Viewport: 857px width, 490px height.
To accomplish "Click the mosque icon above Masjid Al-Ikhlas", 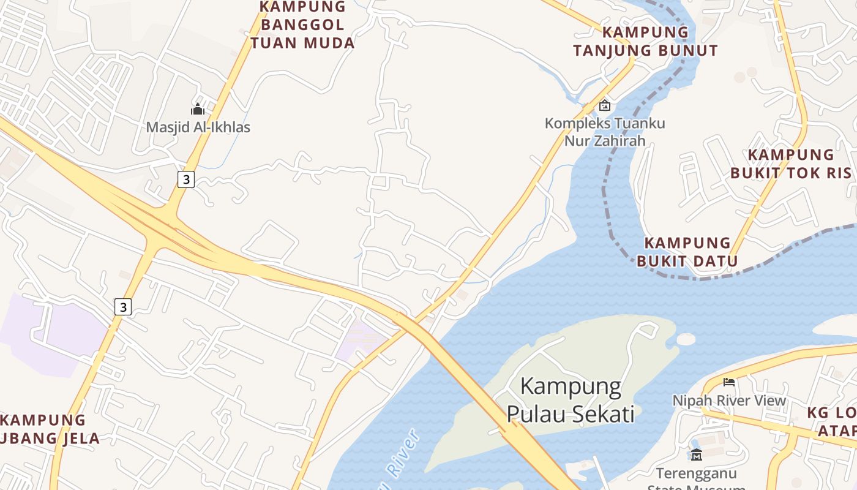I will click(x=198, y=109).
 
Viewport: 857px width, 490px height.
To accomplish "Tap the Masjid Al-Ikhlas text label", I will click(x=198, y=127).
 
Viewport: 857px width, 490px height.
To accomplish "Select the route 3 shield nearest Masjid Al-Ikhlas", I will click(x=186, y=179).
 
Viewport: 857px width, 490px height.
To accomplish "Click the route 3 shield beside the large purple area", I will click(x=123, y=307).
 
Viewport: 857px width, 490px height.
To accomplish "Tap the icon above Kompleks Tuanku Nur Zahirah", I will click(x=605, y=105).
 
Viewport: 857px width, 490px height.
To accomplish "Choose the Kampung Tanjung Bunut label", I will click(x=645, y=41).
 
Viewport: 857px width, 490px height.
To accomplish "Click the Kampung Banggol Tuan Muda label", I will click(x=302, y=25).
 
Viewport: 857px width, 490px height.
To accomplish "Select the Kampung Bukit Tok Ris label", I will click(x=791, y=164).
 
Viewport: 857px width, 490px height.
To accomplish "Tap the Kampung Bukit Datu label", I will click(x=687, y=252).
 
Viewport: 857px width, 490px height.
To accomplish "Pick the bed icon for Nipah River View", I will click(x=729, y=382).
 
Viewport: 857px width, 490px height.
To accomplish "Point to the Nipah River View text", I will click(x=729, y=401).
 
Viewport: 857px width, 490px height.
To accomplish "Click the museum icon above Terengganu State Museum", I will click(x=697, y=454).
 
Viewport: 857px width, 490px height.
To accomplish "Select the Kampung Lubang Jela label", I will click(x=46, y=429).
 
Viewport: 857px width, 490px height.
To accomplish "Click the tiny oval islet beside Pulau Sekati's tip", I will click(x=686, y=339).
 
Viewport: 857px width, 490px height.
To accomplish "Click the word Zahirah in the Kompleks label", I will click(x=620, y=141).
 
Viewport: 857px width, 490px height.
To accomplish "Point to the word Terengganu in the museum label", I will click(x=697, y=473).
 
